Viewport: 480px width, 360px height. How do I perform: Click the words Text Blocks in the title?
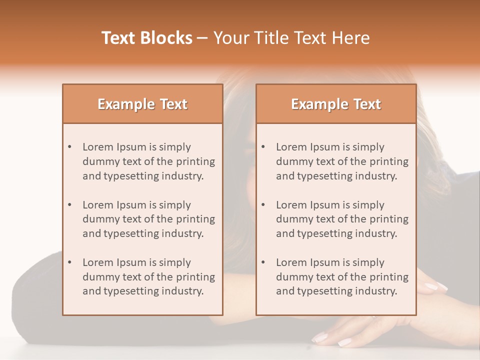[146, 38]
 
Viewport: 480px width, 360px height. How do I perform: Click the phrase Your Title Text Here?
[291, 38]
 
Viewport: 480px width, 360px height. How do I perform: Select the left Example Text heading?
[142, 104]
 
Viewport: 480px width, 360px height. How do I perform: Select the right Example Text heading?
[336, 104]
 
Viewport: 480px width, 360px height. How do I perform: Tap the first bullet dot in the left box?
[70, 147]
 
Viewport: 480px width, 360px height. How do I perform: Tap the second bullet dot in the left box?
[70, 205]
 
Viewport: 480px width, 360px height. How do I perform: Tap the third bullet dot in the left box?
[70, 262]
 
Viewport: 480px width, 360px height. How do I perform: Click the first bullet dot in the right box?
[263, 147]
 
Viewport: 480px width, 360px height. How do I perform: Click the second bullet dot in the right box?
[263, 205]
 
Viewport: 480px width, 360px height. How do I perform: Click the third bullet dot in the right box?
[263, 262]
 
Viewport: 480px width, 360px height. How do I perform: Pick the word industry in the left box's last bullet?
[184, 291]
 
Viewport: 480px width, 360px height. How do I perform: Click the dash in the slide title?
[202, 38]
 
